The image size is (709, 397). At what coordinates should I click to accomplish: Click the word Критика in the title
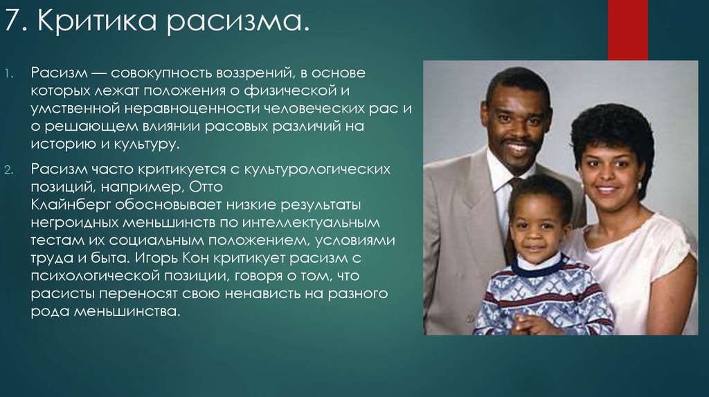[x=97, y=20]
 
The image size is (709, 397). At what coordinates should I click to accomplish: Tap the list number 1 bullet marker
[x=10, y=73]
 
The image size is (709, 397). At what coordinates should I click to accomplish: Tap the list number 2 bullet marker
[x=10, y=170]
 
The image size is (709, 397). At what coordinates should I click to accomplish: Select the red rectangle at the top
[x=627, y=30]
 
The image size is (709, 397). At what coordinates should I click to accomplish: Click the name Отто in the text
[x=206, y=187]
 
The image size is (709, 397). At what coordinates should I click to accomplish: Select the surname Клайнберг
[x=71, y=205]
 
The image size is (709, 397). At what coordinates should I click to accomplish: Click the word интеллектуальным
[x=311, y=223]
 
